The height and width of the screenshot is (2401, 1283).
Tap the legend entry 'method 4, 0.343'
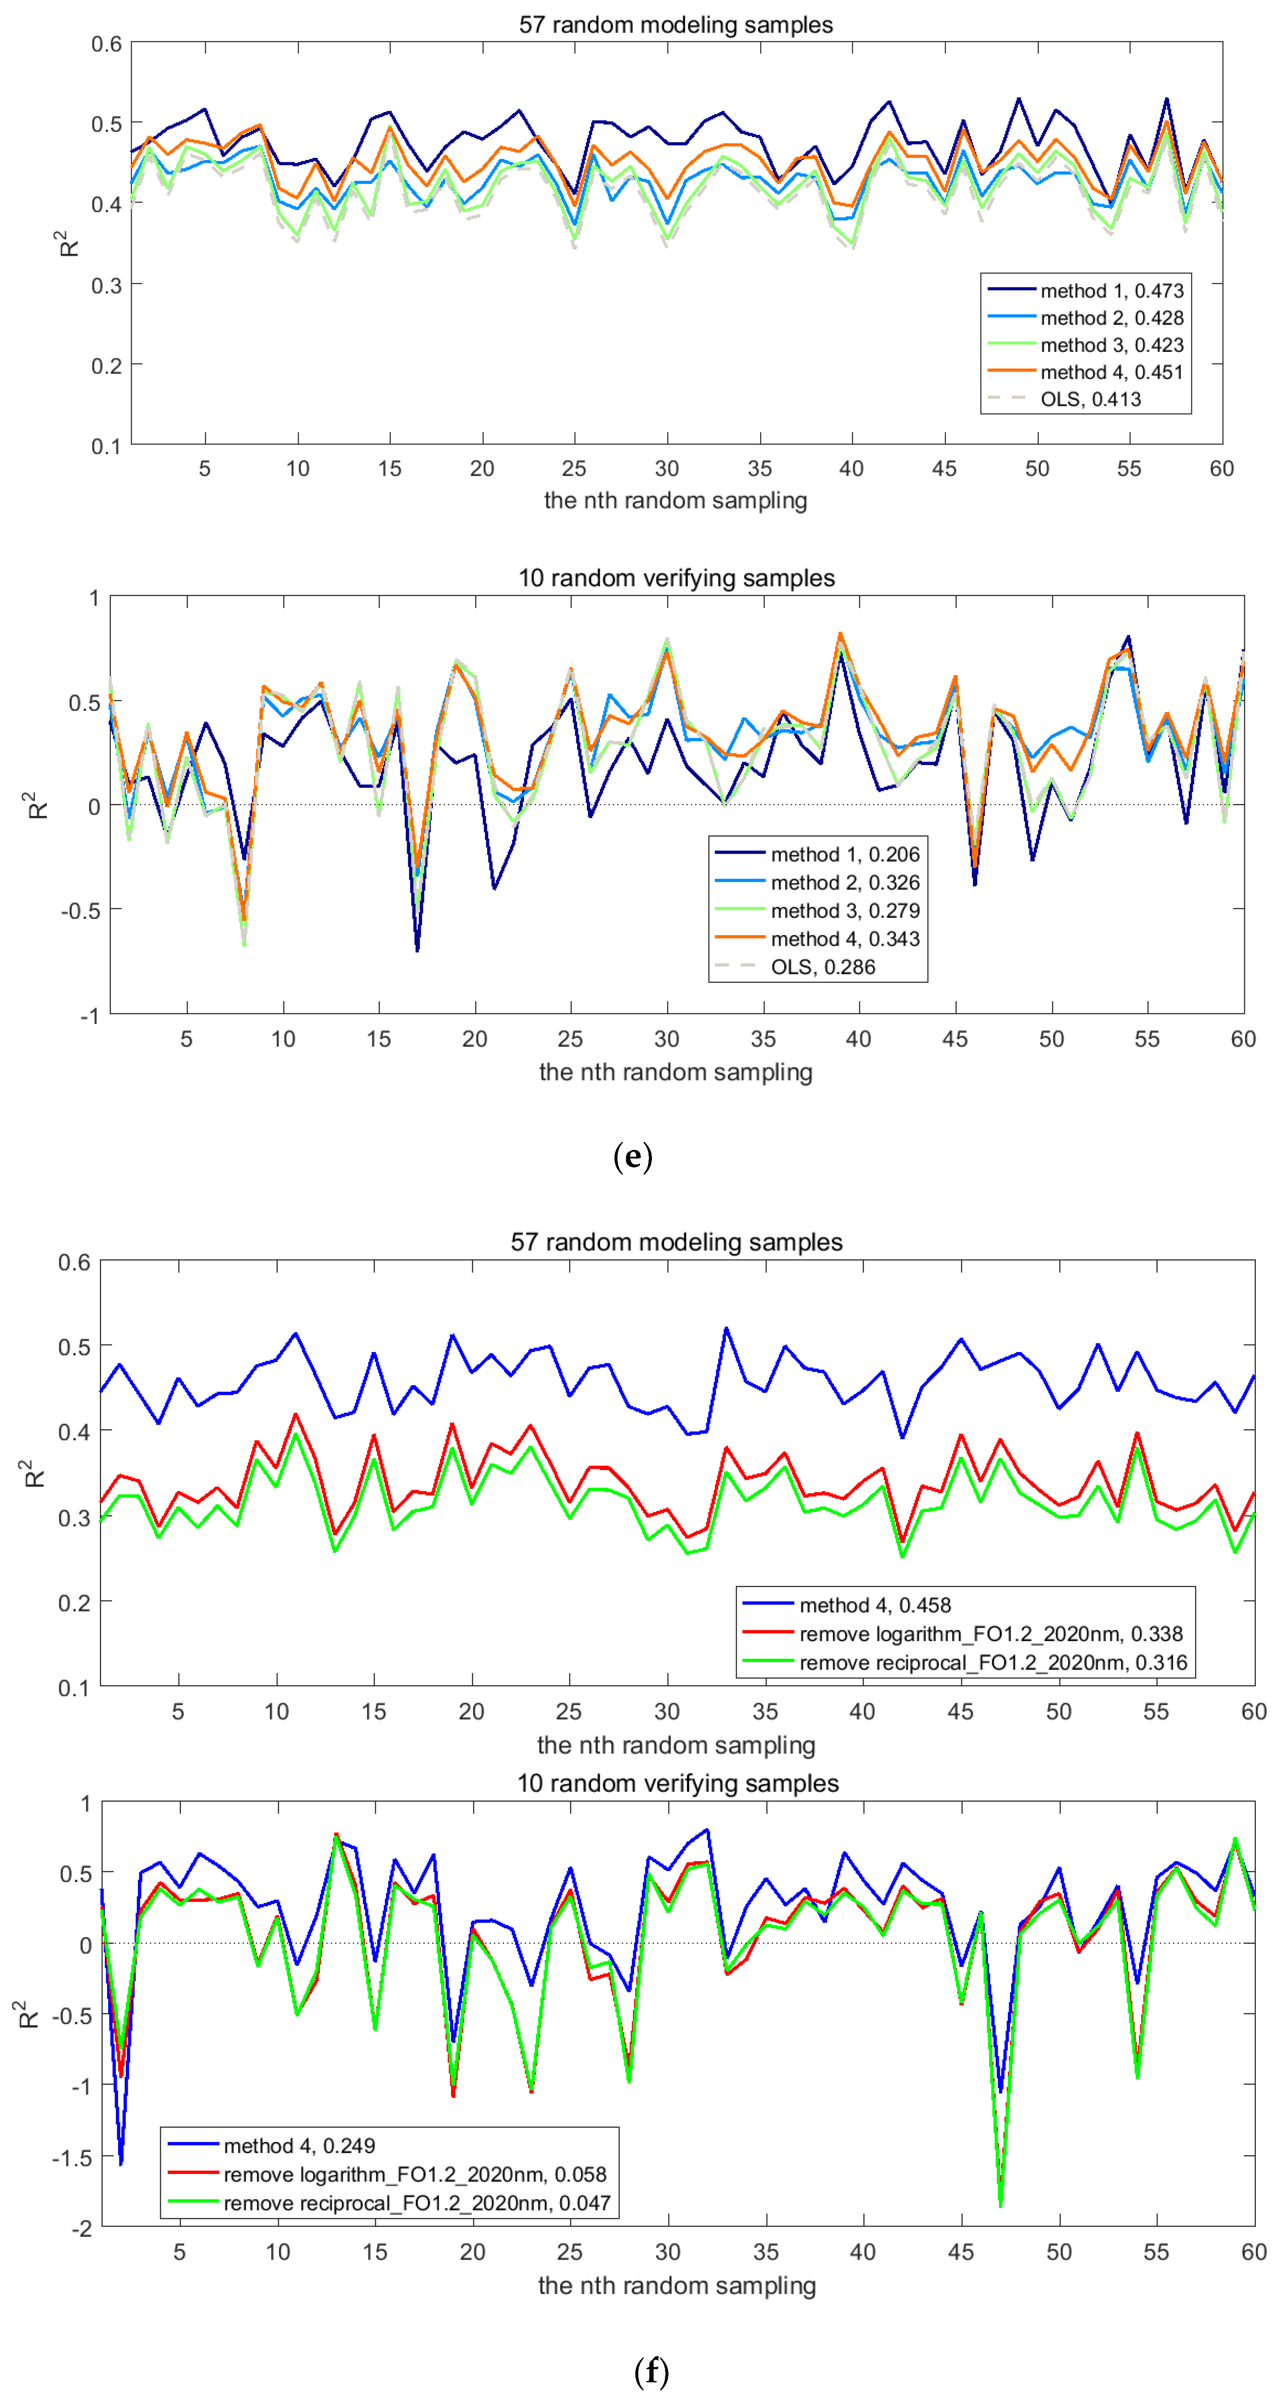coord(844,939)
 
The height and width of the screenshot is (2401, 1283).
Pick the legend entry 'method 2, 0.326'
coord(844,883)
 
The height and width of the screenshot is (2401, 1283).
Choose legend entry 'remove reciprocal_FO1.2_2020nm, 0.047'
coord(416,2204)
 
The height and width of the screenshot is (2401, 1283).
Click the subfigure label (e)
coord(633,1157)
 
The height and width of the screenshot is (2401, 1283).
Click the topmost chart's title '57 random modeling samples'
coord(676,24)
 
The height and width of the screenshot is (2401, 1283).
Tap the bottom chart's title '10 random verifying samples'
coord(678,1783)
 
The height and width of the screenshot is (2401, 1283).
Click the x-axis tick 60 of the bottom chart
coord(1253,2252)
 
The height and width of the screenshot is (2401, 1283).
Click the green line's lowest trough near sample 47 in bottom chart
coord(1001,2205)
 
